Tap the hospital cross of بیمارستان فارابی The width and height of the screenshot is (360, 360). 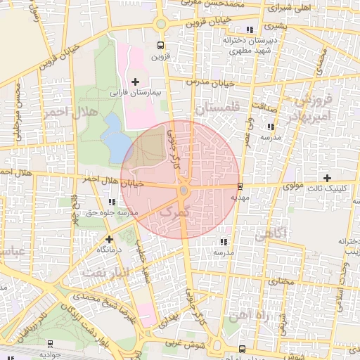tap(136, 82)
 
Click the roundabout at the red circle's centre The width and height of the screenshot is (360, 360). tap(184, 190)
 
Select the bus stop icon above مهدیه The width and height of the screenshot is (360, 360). tap(241, 186)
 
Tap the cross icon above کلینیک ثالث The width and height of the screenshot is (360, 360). tap(326, 178)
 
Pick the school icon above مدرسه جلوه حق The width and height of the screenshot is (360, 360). tap(112, 202)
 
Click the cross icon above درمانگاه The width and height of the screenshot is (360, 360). tap(110, 239)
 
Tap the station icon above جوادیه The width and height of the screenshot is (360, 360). tap(51, 344)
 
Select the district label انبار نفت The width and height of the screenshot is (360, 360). tap(106, 271)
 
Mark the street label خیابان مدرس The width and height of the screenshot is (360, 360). tap(208, 83)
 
